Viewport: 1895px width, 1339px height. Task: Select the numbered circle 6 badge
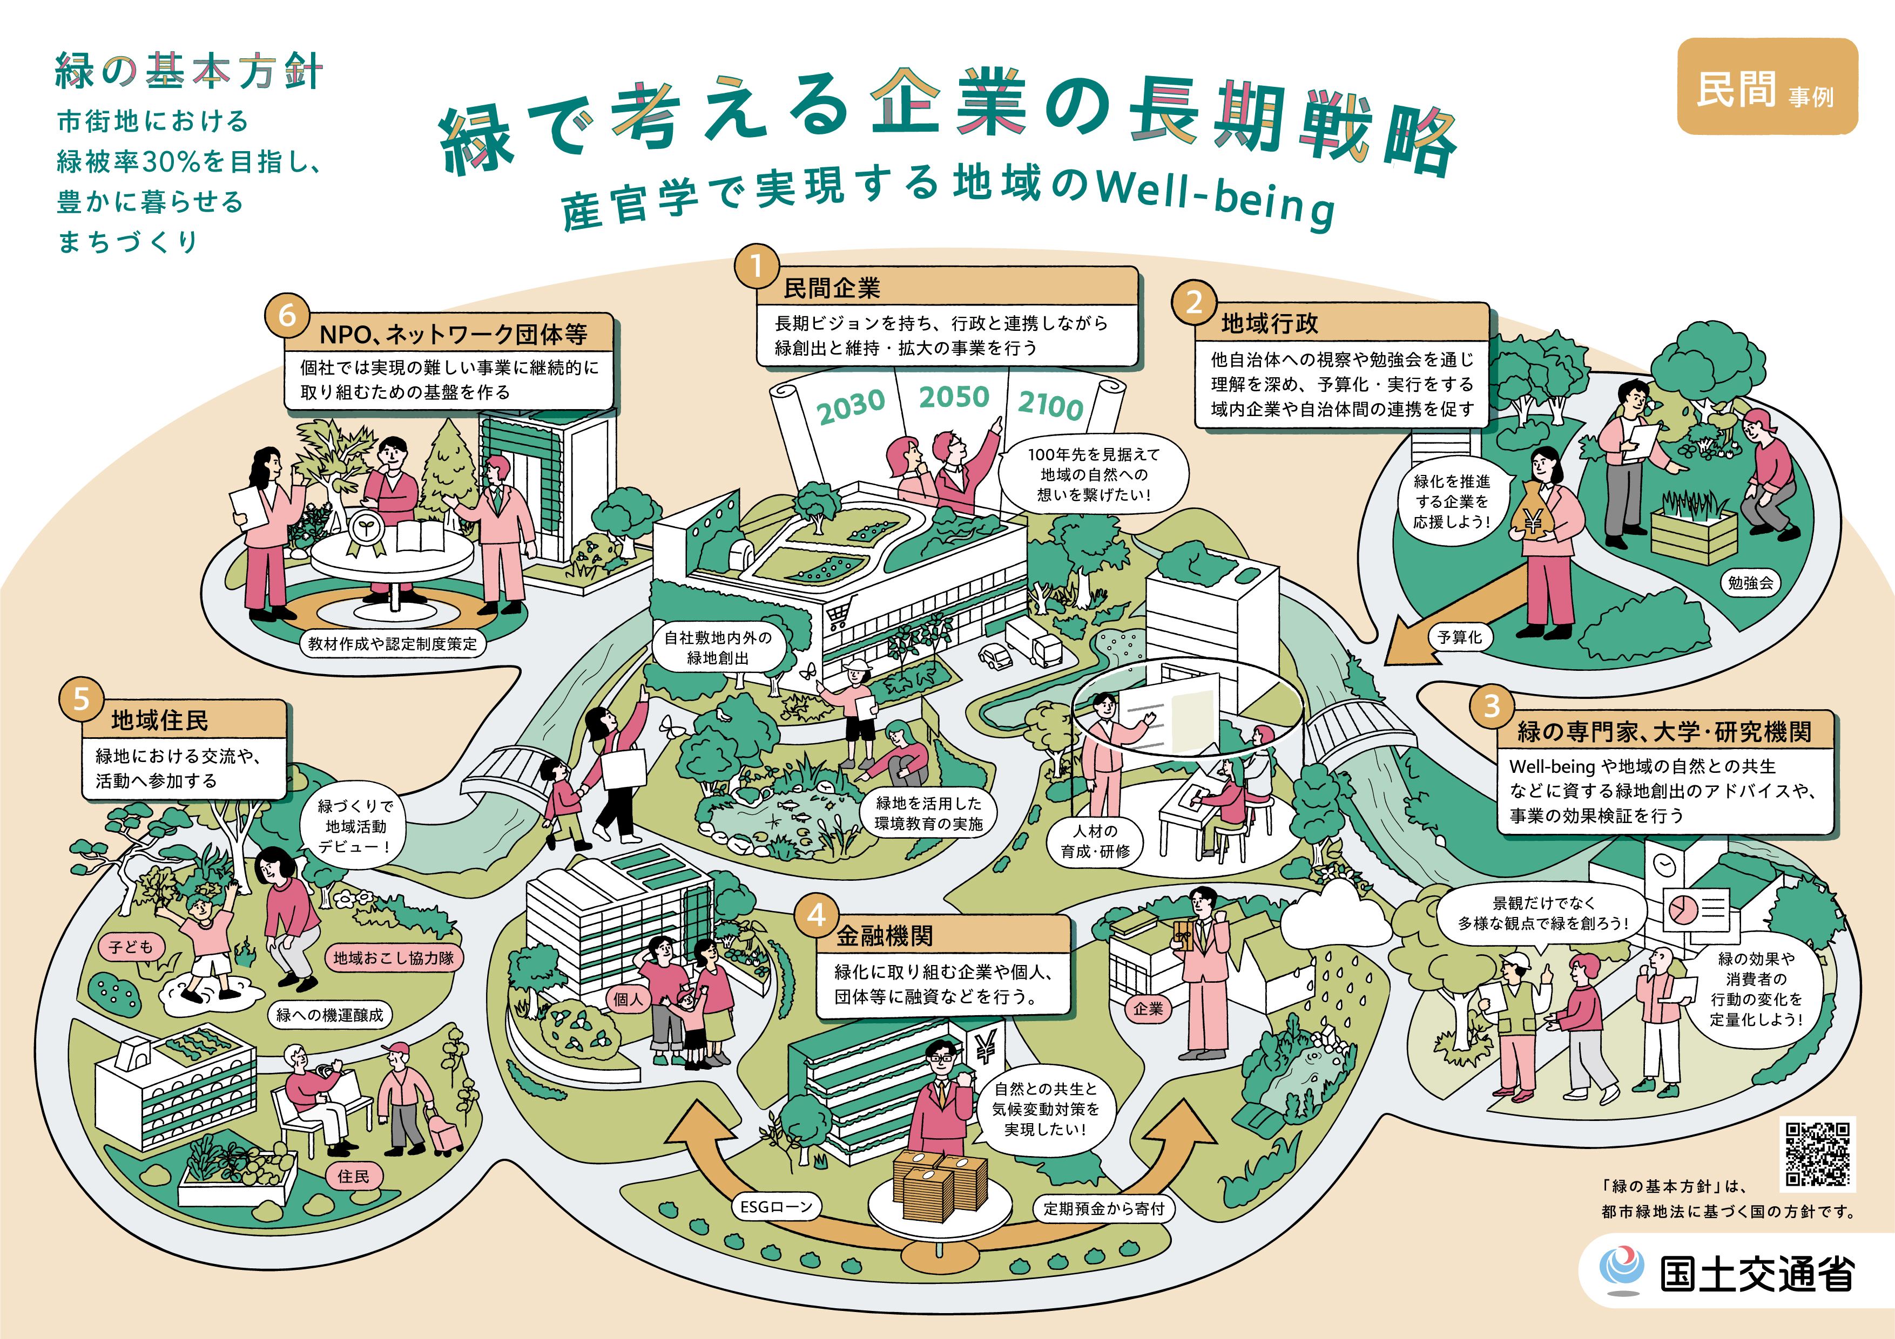(286, 315)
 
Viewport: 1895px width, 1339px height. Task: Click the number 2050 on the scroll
(954, 398)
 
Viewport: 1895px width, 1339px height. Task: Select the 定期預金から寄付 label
(1103, 1208)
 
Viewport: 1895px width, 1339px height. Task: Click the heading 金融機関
(885, 935)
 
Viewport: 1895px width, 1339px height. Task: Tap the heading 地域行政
(1270, 323)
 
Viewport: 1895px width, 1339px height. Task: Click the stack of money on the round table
(941, 1185)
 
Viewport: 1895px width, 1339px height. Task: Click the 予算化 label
(1459, 637)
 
